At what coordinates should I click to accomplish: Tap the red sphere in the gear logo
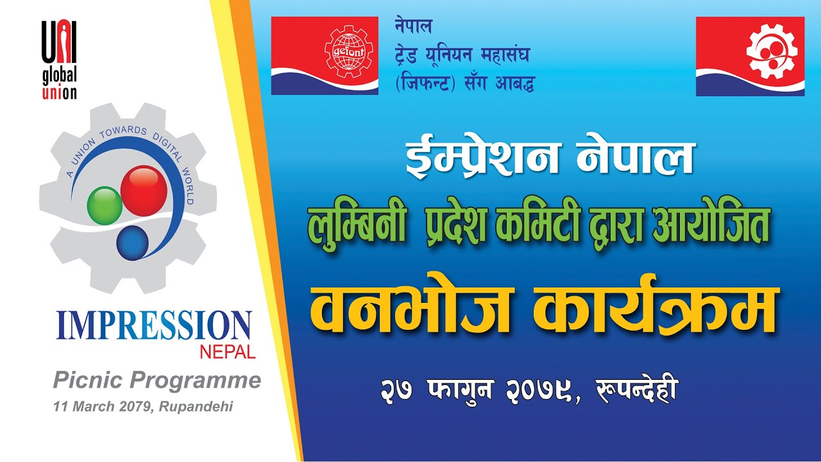pos(144,191)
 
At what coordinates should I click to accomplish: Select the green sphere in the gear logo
pos(104,205)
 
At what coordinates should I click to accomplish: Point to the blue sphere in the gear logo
pos(132,242)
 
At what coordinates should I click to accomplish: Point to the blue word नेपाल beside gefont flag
pos(414,27)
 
